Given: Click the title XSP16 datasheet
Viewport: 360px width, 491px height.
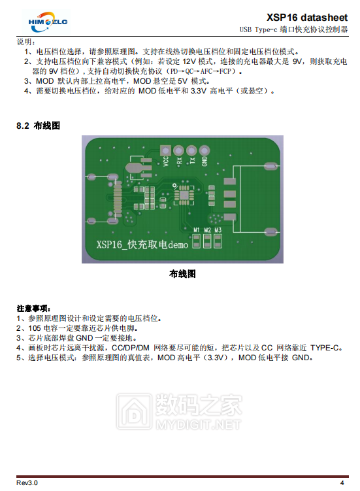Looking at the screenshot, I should (x=307, y=16).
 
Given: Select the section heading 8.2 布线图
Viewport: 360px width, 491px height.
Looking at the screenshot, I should (x=38, y=126).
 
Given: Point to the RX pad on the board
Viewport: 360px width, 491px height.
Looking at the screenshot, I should (x=179, y=151).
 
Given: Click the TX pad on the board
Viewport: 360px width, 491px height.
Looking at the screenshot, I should (x=191, y=151).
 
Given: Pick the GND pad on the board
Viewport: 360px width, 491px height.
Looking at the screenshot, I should (x=205, y=151).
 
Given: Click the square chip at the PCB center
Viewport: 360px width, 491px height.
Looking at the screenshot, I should (x=182, y=194).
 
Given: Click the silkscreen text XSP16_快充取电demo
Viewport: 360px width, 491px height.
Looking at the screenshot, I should (x=142, y=245).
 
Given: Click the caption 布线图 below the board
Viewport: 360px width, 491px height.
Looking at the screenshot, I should (x=182, y=274).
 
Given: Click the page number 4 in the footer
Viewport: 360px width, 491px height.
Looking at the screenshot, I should (x=342, y=483).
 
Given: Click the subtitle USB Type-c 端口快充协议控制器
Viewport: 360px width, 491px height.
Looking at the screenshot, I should (x=293, y=29).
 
